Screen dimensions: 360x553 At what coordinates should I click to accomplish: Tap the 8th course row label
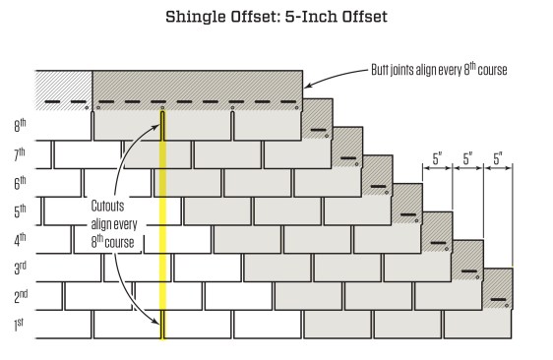tap(20, 126)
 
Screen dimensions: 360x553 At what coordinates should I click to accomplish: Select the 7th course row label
tap(20, 154)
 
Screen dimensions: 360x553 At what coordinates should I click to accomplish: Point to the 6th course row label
tap(20, 182)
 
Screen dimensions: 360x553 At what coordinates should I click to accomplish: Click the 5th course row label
tap(20, 210)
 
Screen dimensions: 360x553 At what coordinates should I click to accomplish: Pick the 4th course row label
tap(20, 239)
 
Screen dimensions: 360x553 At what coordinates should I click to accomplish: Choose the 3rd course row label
tap(20, 267)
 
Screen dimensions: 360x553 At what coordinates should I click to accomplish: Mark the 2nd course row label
tap(20, 295)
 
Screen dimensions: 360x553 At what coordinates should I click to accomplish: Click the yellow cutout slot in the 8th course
tap(162, 125)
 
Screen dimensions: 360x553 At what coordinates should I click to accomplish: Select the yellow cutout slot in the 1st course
tap(162, 324)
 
